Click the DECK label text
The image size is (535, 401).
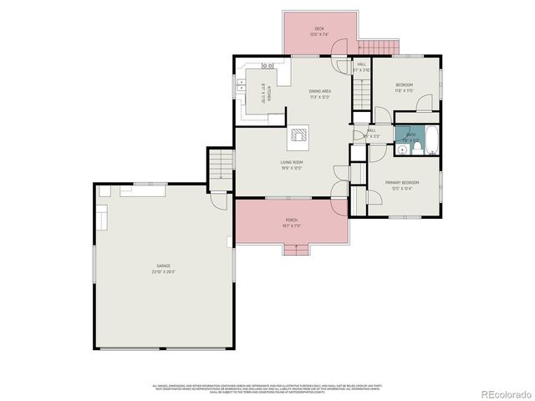pos(318,29)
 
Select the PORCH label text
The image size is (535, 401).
pos(291,220)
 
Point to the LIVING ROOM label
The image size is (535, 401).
pos(291,162)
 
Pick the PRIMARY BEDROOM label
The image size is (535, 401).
pos(401,182)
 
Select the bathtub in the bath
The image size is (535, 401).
pos(431,141)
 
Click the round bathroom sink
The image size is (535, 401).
pos(402,150)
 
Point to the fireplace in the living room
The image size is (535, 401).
pos(299,136)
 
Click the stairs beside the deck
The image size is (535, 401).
pos(379,47)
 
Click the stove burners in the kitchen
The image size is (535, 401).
pos(268,66)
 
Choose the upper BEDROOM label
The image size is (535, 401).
pos(404,84)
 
